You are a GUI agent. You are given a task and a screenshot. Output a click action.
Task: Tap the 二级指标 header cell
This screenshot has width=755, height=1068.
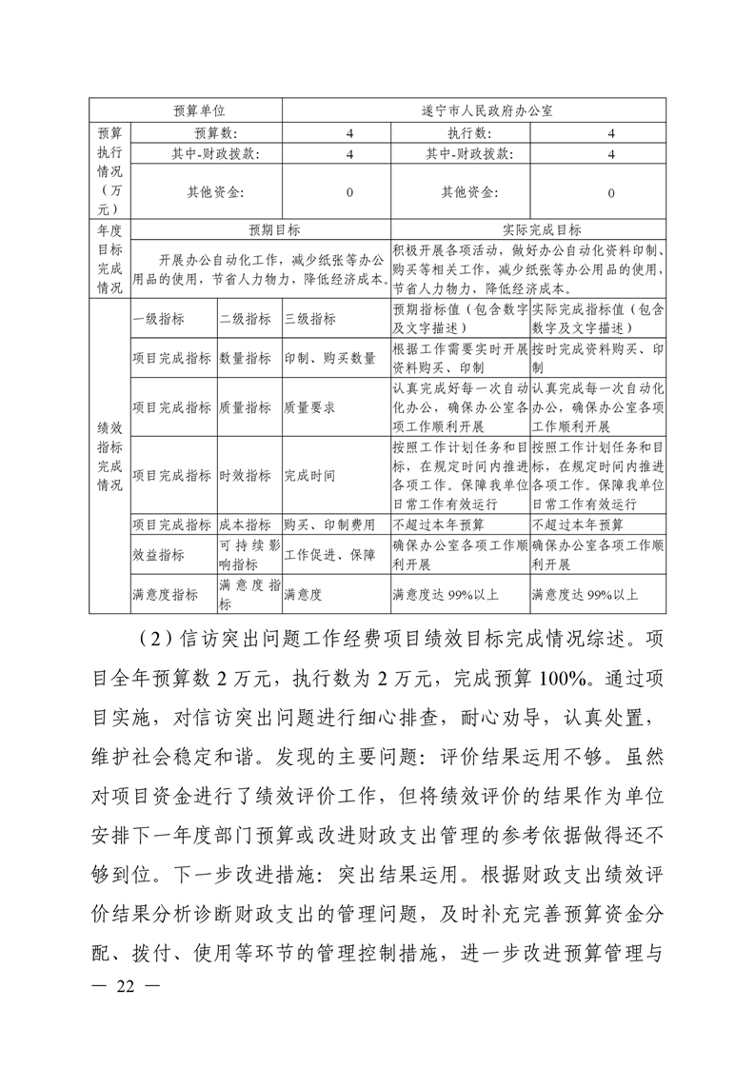(x=245, y=319)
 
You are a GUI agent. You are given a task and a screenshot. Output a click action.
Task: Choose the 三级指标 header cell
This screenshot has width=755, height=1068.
(x=309, y=319)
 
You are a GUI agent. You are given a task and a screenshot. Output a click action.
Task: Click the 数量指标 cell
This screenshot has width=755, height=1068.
(x=245, y=359)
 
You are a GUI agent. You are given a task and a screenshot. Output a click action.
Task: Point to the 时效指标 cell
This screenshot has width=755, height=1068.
(x=245, y=475)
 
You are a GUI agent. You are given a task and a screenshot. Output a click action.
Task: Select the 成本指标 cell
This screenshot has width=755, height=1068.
(x=245, y=524)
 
